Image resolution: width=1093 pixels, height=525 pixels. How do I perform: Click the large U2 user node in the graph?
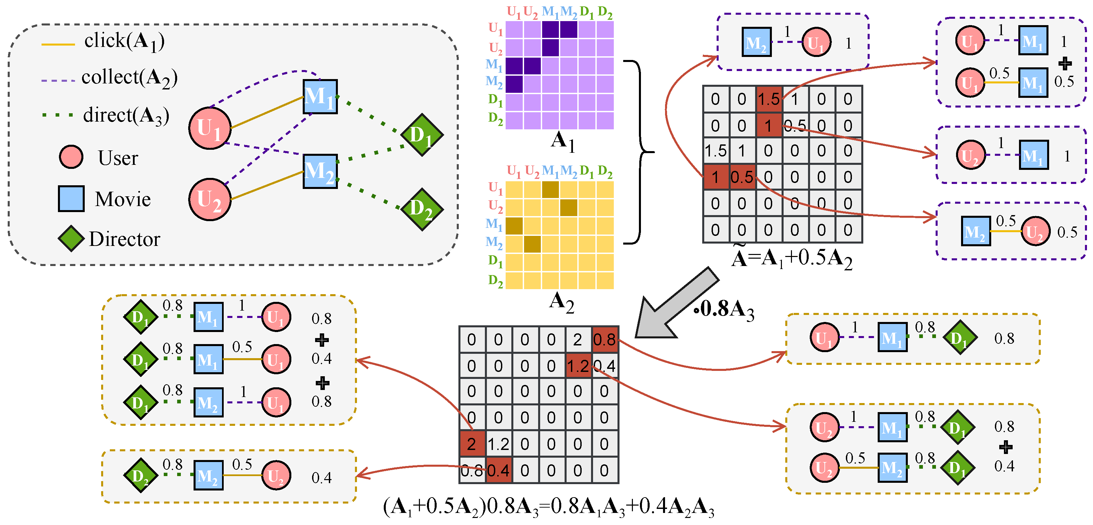[210, 199]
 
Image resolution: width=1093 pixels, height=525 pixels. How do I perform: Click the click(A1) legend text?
[124, 42]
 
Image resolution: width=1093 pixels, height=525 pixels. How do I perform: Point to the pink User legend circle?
[71, 157]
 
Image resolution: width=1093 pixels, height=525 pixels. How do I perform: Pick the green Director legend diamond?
[71, 239]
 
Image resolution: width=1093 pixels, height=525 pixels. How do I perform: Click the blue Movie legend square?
[71, 198]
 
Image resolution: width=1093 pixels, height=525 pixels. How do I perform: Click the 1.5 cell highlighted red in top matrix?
[769, 99]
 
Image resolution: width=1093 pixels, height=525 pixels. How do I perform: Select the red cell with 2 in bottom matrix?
[471, 444]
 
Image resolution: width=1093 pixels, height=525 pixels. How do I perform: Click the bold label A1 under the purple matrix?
[562, 141]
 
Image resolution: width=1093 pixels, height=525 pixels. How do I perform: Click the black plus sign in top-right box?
[1065, 64]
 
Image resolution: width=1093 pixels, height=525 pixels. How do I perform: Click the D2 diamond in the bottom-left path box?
[140, 475]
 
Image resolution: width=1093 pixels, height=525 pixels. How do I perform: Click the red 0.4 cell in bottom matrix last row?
[498, 470]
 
